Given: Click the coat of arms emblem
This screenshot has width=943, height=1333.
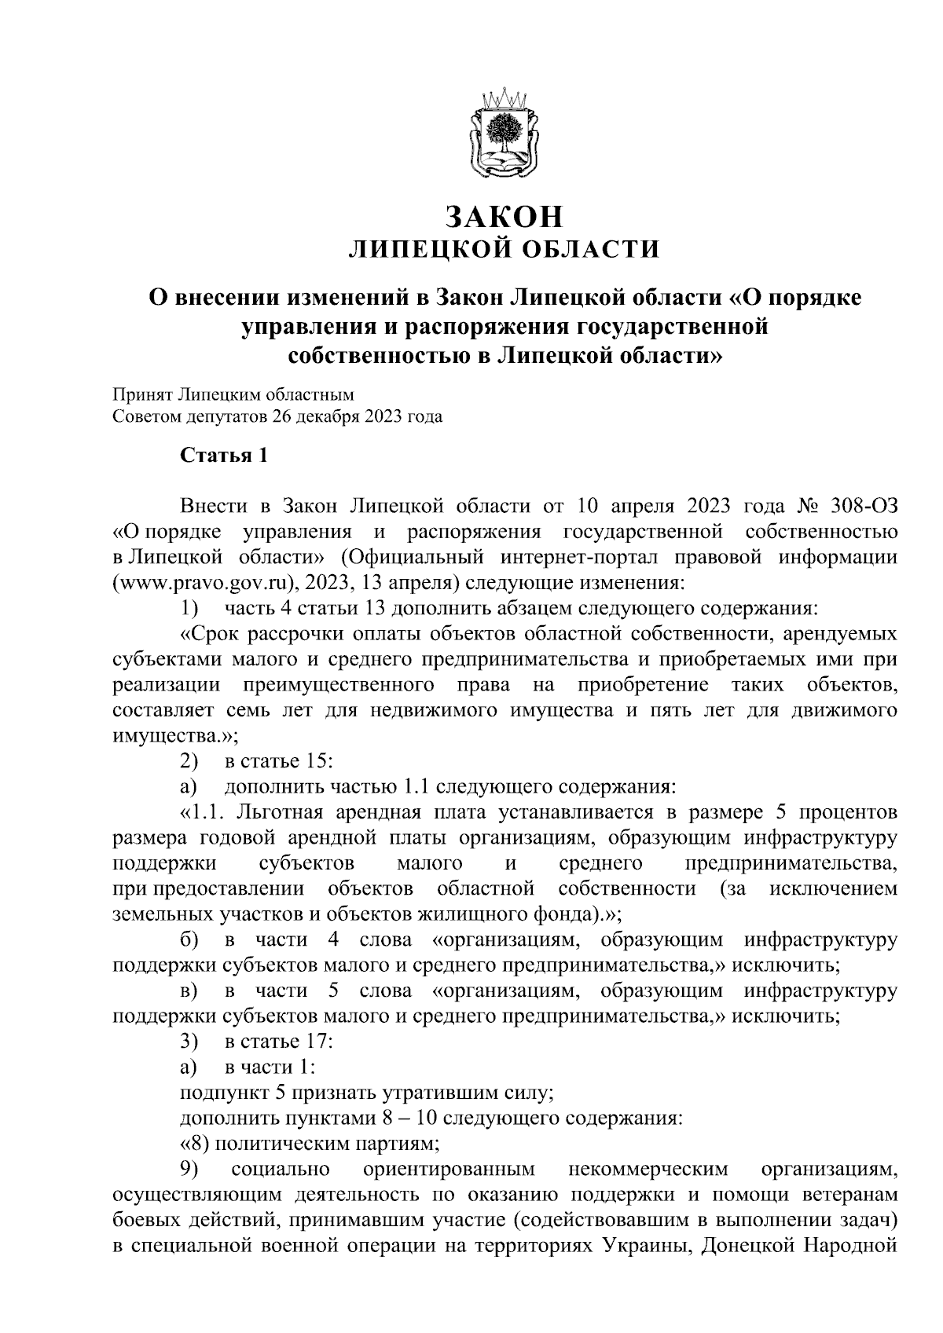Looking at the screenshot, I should click(x=504, y=135).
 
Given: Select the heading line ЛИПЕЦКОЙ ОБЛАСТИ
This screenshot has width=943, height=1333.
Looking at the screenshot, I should click(x=504, y=250).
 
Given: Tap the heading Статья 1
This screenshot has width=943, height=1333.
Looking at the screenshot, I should click(x=224, y=456).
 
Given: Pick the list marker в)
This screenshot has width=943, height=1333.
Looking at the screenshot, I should click(x=189, y=991).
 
